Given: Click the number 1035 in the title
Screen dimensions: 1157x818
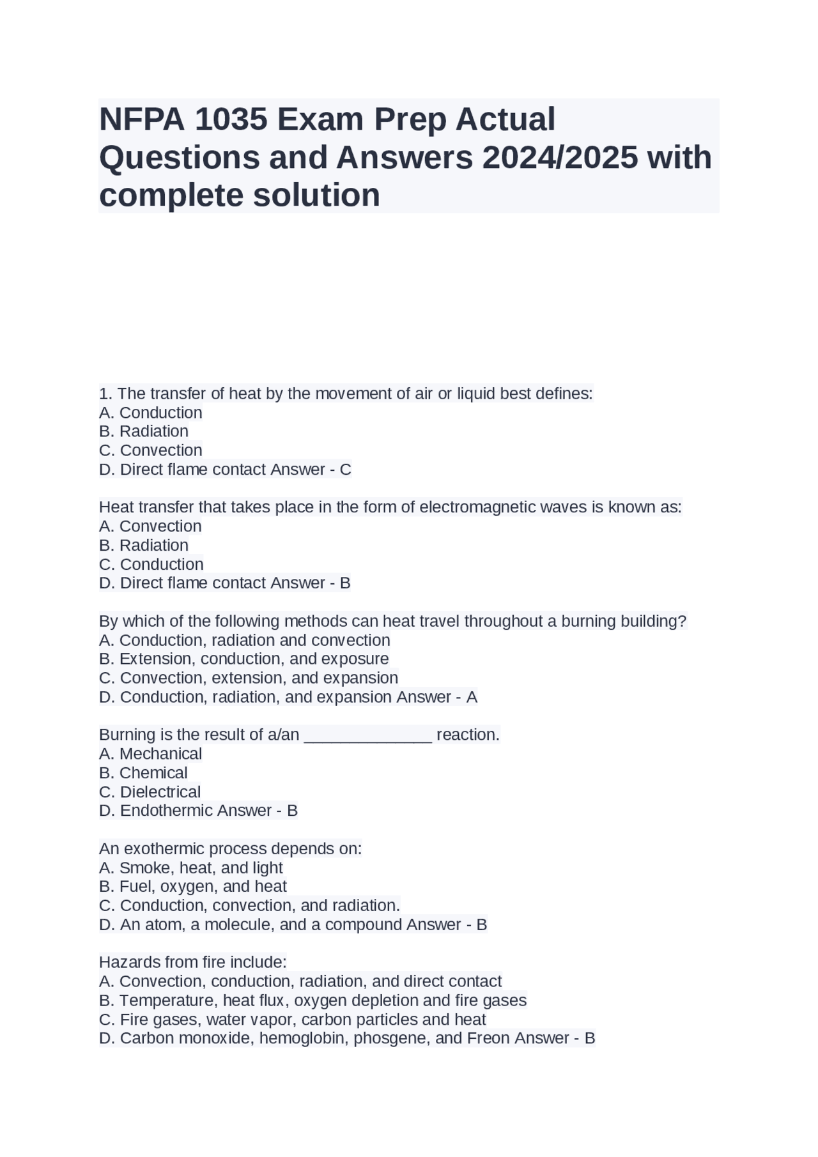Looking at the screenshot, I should point(231,119).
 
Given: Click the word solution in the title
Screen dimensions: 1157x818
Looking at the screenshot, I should point(316,195).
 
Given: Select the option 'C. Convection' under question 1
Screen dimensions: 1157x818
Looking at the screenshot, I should point(151,450).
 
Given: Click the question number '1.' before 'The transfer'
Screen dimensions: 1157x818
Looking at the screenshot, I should point(106,394).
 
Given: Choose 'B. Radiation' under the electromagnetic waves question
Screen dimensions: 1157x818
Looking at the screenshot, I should point(144,546).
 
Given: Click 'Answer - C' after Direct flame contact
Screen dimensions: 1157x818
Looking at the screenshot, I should point(311,470).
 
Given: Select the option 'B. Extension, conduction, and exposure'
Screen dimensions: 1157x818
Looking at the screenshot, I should point(244,659).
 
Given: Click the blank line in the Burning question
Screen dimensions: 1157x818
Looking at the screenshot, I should point(368,735).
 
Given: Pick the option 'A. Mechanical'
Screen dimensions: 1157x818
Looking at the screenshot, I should point(151,754).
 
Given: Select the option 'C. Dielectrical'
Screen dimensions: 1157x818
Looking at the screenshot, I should point(150,792).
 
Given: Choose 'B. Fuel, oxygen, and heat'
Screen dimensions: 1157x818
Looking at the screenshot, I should point(193,887).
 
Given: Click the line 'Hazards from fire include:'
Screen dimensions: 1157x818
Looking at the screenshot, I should point(193,962).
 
